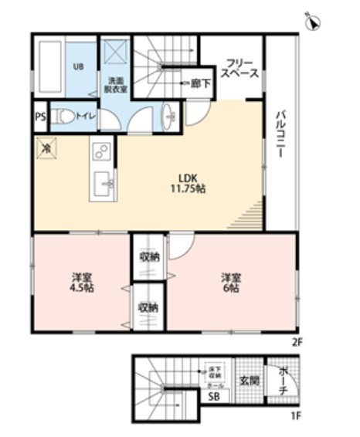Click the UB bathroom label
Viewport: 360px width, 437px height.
click(x=78, y=66)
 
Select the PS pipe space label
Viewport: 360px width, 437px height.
click(x=39, y=117)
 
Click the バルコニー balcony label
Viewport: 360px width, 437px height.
click(x=280, y=134)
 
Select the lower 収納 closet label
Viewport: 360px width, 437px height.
click(x=148, y=307)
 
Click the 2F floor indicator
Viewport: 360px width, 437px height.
click(x=295, y=339)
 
